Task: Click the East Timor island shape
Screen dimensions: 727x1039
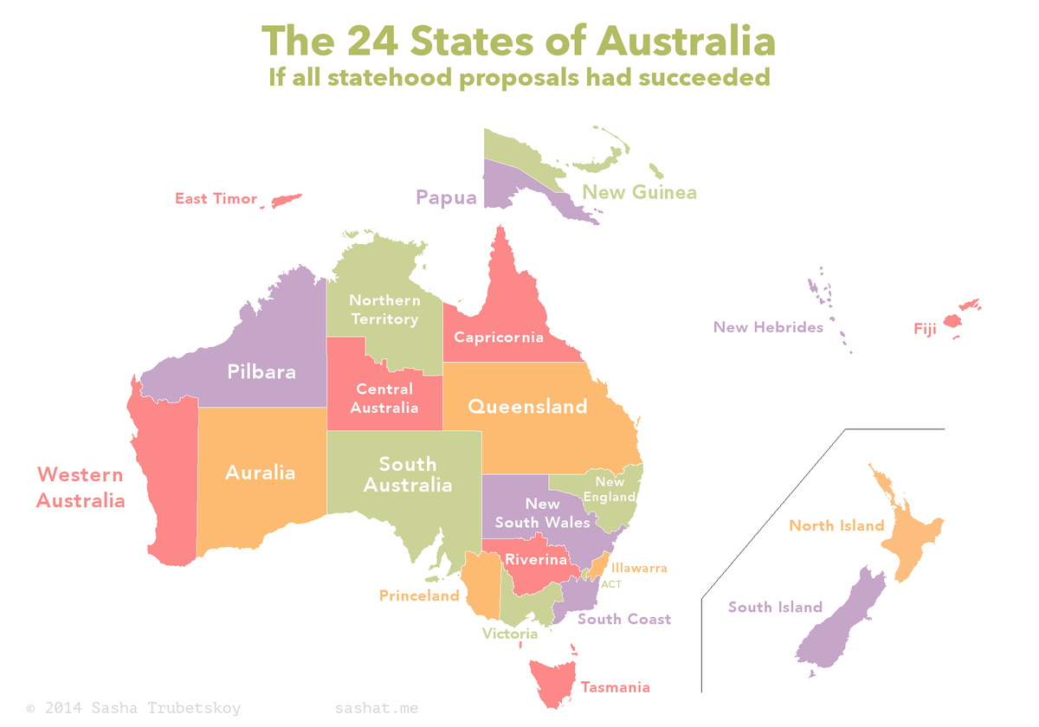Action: tap(286, 201)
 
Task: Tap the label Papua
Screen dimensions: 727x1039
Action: tap(446, 198)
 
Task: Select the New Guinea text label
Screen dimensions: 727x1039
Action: tap(639, 192)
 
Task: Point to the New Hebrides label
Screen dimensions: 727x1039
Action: tap(768, 327)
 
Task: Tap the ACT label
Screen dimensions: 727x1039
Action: tap(611, 584)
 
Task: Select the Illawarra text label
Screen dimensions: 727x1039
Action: tap(639, 569)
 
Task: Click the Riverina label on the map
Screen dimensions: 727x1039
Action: tap(536, 560)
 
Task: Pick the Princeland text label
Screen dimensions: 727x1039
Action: tap(419, 595)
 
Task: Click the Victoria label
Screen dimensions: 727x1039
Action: tap(510, 634)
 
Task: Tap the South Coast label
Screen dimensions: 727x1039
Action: tap(624, 619)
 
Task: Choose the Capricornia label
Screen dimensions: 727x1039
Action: tap(499, 338)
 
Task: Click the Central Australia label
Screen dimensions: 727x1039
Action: tap(384, 398)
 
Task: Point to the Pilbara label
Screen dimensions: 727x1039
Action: tap(261, 372)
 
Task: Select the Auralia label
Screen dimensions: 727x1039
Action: tap(260, 473)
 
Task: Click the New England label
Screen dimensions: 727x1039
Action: tap(610, 489)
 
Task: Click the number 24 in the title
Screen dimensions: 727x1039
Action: tap(372, 41)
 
